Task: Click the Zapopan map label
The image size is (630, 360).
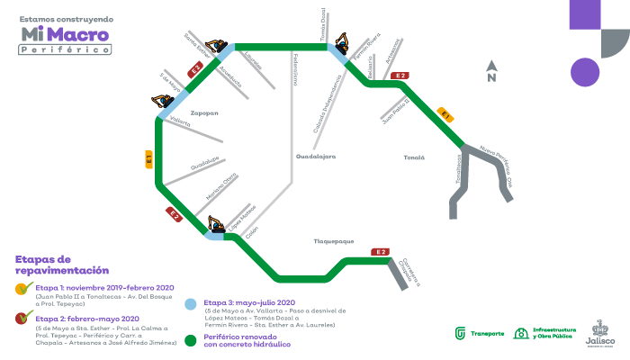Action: pos(204,113)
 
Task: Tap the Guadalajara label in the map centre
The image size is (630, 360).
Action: pos(315,157)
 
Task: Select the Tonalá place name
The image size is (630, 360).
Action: pos(413,157)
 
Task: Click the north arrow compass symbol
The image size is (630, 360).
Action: pos(490,71)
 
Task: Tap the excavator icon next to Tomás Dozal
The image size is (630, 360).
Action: pos(342,41)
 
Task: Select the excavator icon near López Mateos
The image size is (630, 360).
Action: pos(216,223)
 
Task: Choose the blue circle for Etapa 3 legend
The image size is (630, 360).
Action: pos(190,303)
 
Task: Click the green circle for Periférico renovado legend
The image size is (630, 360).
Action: pos(190,340)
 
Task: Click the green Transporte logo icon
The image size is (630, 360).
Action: pos(461,333)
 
